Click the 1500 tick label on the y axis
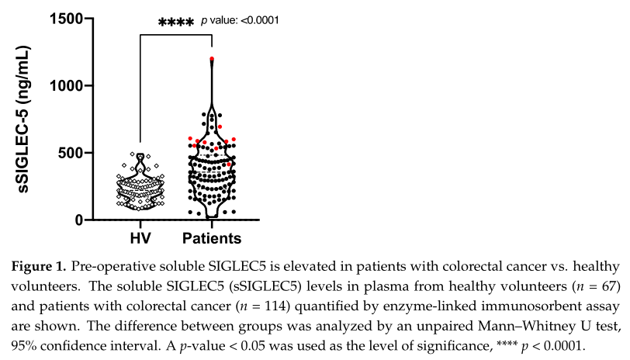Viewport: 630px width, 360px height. click(66, 18)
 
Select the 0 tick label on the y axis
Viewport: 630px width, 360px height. click(80, 220)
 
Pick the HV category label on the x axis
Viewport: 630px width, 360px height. click(140, 237)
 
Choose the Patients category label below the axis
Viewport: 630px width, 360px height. click(211, 237)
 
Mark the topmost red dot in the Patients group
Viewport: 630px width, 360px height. click(212, 59)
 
